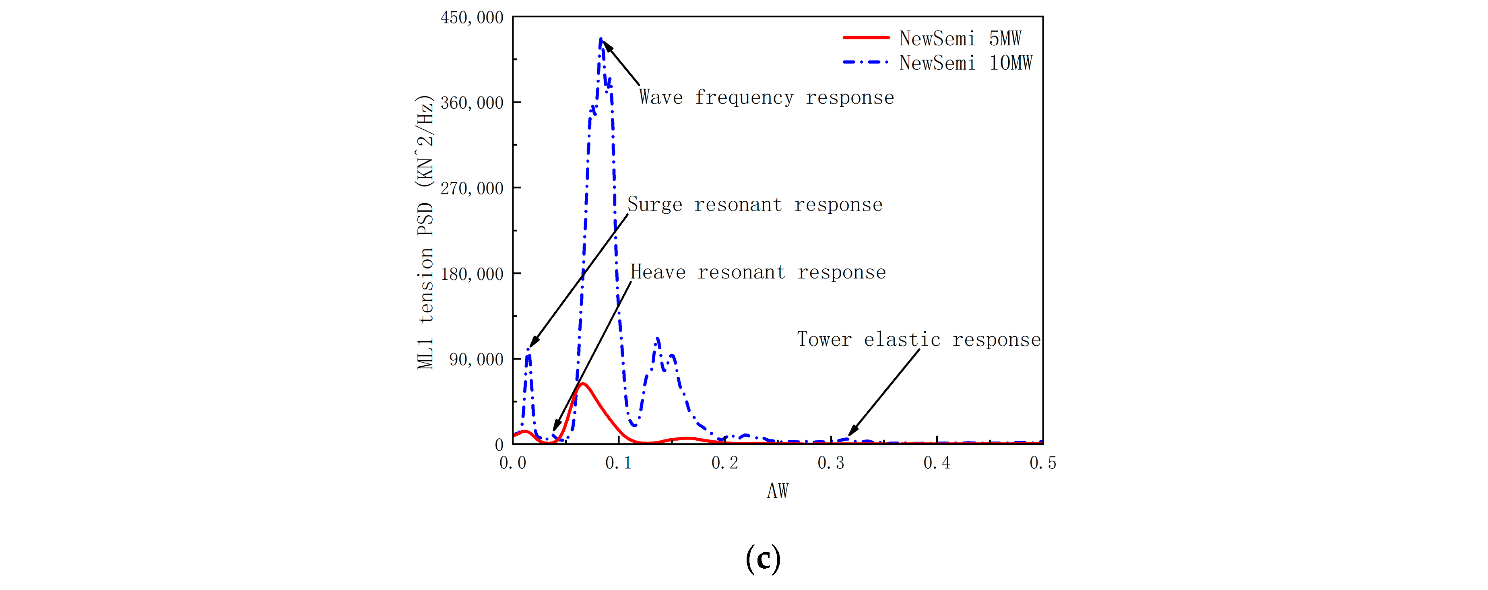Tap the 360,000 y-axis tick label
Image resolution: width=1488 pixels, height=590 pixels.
pyautogui.click(x=471, y=103)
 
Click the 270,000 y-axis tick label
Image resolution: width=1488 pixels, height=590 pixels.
pyautogui.click(x=471, y=188)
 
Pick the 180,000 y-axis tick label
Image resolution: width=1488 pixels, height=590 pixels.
pyautogui.click(x=471, y=274)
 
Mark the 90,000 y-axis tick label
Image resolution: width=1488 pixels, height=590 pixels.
pyautogui.click(x=476, y=359)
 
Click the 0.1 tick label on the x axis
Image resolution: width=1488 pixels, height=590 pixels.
pyautogui.click(x=619, y=463)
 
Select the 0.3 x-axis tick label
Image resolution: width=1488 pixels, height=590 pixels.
pyautogui.click(x=831, y=463)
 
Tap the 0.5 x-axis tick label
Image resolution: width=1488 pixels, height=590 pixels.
pyautogui.click(x=1042, y=463)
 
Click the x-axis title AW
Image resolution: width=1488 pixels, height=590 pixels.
pyautogui.click(x=778, y=491)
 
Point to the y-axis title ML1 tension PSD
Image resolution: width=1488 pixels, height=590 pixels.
pyautogui.click(x=425, y=231)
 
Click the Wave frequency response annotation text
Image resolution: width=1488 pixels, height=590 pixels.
pyautogui.click(x=766, y=97)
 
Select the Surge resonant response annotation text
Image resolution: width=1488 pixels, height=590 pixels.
pyautogui.click(x=754, y=204)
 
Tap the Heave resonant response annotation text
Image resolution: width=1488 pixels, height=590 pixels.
pyautogui.click(x=757, y=272)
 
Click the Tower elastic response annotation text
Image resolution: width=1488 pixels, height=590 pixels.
pyautogui.click(x=918, y=339)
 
